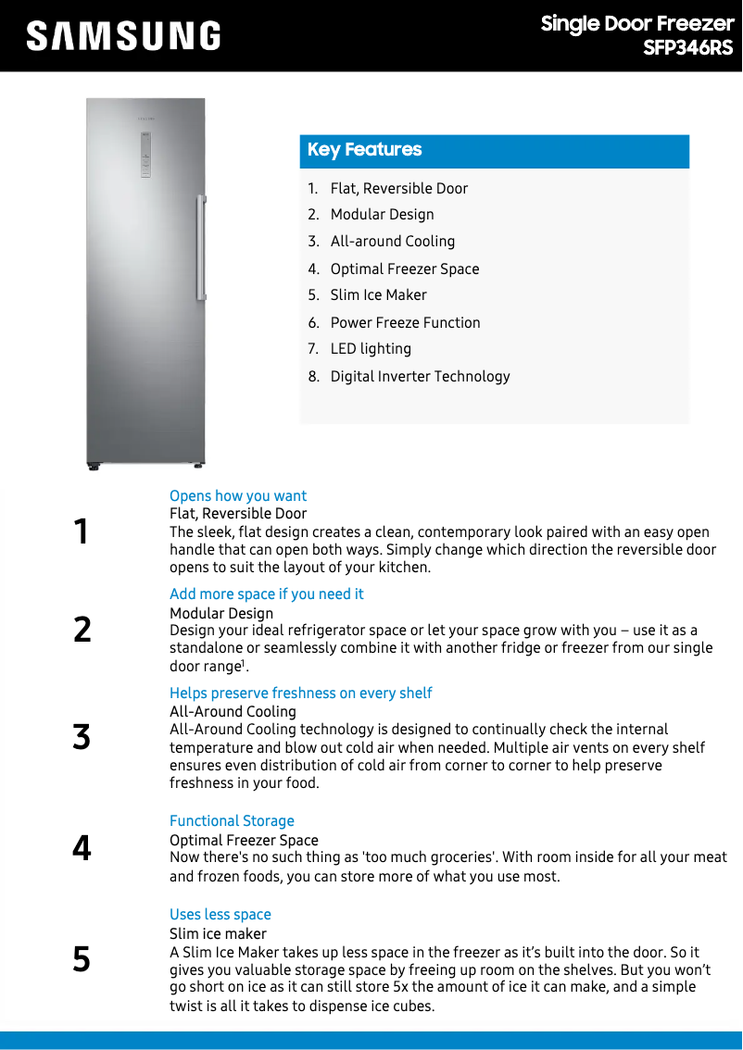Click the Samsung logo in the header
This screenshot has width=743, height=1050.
click(x=123, y=36)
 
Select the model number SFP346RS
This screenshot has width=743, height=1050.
click(x=687, y=48)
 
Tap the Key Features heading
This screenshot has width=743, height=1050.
click(x=364, y=150)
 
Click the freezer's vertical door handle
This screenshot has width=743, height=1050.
click(x=200, y=247)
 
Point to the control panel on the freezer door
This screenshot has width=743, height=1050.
click(x=145, y=154)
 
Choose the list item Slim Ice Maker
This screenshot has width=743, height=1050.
click(x=378, y=295)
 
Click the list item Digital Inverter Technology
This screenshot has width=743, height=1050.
click(x=420, y=377)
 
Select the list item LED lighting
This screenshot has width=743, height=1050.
click(x=371, y=349)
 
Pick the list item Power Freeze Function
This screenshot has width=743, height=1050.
click(x=405, y=323)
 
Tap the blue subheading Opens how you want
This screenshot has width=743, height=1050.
click(x=238, y=496)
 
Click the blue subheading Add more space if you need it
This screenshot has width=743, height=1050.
click(x=267, y=594)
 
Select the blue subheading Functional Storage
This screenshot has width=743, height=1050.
click(x=232, y=821)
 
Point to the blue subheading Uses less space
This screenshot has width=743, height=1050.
click(x=220, y=915)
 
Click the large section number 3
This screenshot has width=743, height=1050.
click(x=82, y=738)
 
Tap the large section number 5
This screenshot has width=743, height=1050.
click(x=82, y=960)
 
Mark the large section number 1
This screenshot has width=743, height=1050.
click(x=82, y=532)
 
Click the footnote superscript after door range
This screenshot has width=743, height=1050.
click(x=244, y=663)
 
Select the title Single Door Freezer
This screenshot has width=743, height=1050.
click(x=636, y=24)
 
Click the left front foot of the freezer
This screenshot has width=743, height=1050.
click(x=94, y=467)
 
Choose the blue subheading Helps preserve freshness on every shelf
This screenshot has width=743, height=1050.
click(x=301, y=694)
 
